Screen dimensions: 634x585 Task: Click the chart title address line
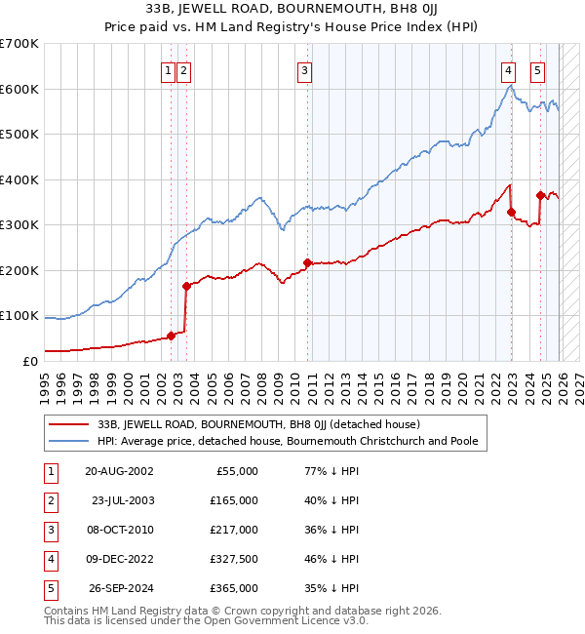pos(292,10)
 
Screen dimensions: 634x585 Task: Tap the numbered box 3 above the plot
pos(305,70)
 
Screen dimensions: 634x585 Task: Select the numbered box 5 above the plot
pos(538,70)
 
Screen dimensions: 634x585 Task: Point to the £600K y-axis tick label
pos(19,89)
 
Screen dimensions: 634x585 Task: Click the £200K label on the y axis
pos(19,270)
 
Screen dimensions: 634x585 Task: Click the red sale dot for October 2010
pos(308,262)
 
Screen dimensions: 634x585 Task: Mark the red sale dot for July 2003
pos(186,286)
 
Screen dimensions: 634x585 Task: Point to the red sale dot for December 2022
pos(512,212)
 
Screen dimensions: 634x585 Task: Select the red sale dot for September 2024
pos(541,195)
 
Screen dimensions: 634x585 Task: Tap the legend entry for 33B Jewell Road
pos(257,424)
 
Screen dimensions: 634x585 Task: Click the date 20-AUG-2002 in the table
pos(120,471)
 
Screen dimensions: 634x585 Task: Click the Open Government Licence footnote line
pos(207,620)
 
